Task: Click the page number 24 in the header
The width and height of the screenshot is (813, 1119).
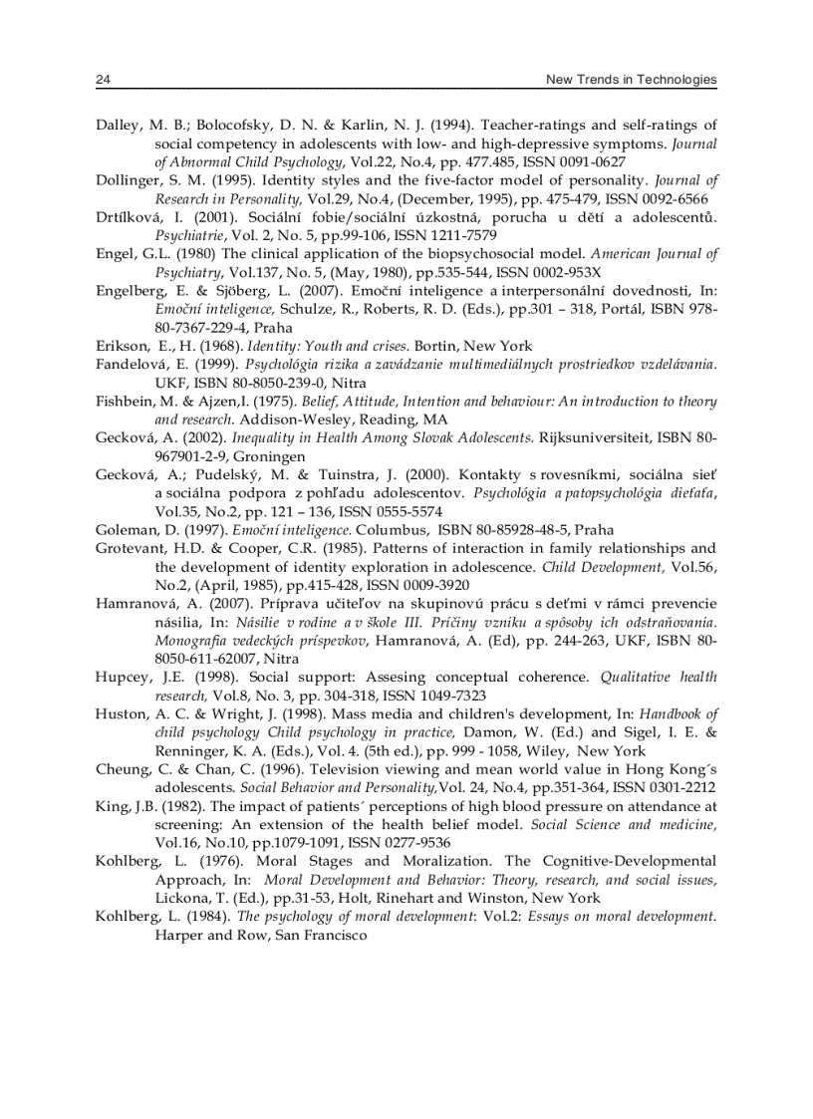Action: pos(102,80)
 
